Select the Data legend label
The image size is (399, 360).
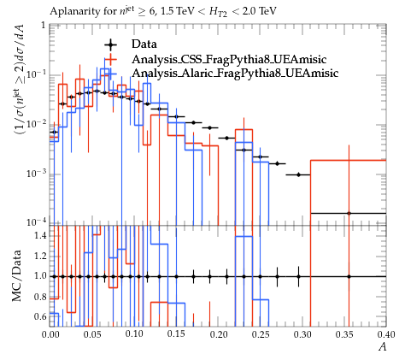click(x=144, y=44)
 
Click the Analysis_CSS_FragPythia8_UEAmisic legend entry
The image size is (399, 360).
click(x=229, y=59)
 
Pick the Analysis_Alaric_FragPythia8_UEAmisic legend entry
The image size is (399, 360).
click(x=235, y=73)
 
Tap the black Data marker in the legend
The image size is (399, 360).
click(x=110, y=44)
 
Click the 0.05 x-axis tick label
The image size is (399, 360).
click(x=92, y=334)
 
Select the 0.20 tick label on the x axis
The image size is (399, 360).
click(x=219, y=334)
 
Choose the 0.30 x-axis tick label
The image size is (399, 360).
click(x=302, y=334)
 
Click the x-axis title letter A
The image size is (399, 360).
click(x=383, y=347)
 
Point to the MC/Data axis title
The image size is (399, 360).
click(x=17, y=275)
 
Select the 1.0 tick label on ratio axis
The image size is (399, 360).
click(x=40, y=276)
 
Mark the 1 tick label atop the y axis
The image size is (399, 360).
click(x=44, y=26)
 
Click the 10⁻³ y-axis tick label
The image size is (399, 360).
click(x=37, y=174)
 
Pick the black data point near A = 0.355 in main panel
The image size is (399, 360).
click(x=349, y=213)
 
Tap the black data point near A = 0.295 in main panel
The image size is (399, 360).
click(x=298, y=174)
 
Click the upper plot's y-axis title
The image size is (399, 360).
click(x=20, y=80)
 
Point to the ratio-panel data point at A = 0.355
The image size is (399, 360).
click(x=349, y=276)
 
